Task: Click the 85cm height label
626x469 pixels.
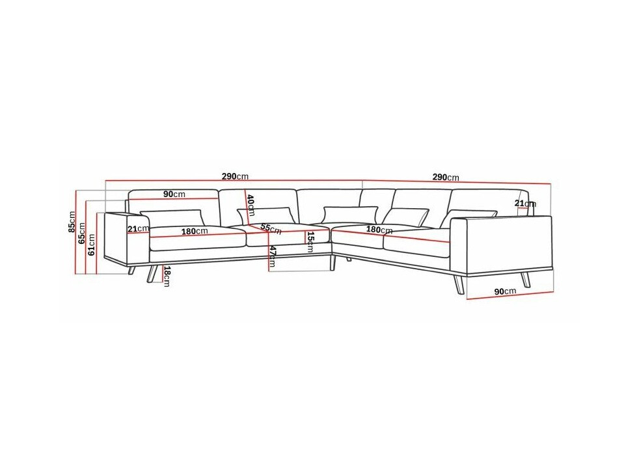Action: tap(72, 222)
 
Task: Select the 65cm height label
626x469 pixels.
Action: tap(82, 233)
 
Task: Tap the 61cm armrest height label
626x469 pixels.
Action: tap(92, 245)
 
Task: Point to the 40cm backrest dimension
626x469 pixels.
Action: tap(251, 205)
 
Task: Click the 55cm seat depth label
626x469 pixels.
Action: tap(271, 228)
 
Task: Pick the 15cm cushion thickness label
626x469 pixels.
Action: tap(310, 242)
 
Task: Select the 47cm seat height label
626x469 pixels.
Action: tap(272, 256)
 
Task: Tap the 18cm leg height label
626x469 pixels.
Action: tap(166, 276)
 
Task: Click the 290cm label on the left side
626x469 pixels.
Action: tap(235, 176)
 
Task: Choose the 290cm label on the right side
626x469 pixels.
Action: tap(446, 177)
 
